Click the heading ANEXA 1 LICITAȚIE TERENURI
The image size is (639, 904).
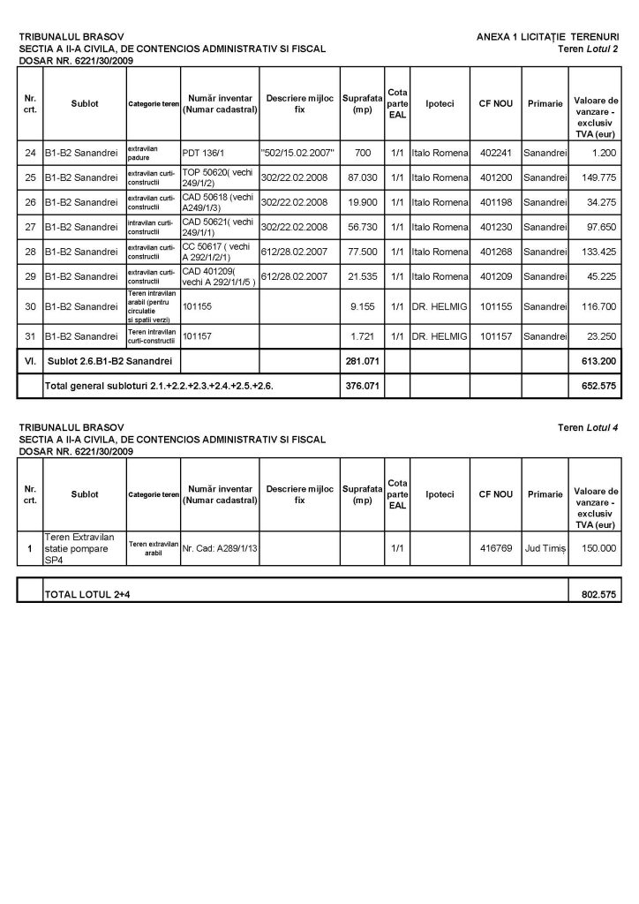[x=547, y=37]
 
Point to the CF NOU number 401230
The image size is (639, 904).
[x=495, y=227]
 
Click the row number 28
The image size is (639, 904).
[x=30, y=252]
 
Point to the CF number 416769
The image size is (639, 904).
[x=495, y=548]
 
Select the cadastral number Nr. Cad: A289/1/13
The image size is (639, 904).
[x=219, y=548]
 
